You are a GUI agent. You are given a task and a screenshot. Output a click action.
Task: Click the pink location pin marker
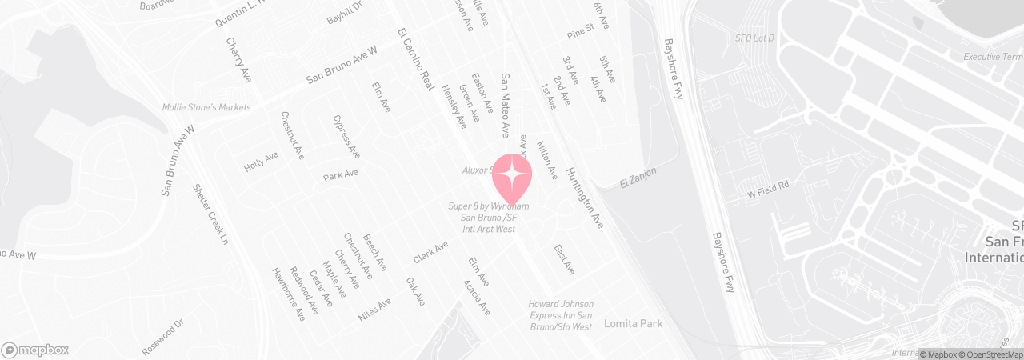(x=511, y=177)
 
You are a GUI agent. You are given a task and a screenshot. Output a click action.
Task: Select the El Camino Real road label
(x=414, y=59)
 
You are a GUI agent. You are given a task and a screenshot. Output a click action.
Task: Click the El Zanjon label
(x=638, y=178)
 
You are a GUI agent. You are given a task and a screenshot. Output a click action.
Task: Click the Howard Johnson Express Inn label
(x=560, y=315)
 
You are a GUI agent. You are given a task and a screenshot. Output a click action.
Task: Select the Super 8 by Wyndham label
(x=488, y=218)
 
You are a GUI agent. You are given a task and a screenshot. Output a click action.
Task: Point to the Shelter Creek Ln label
(x=211, y=215)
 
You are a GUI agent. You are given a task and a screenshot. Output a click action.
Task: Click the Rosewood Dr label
(x=162, y=337)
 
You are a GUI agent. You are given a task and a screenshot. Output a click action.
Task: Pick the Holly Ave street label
(x=261, y=162)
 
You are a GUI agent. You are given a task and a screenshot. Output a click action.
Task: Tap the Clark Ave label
(x=430, y=253)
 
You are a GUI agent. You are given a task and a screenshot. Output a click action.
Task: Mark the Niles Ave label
(x=375, y=309)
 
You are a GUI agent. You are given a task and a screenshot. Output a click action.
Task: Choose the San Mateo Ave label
(x=506, y=105)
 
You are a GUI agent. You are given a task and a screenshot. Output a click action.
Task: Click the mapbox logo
(x=35, y=350)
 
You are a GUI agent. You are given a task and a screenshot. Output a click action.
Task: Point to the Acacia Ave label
(x=476, y=297)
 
